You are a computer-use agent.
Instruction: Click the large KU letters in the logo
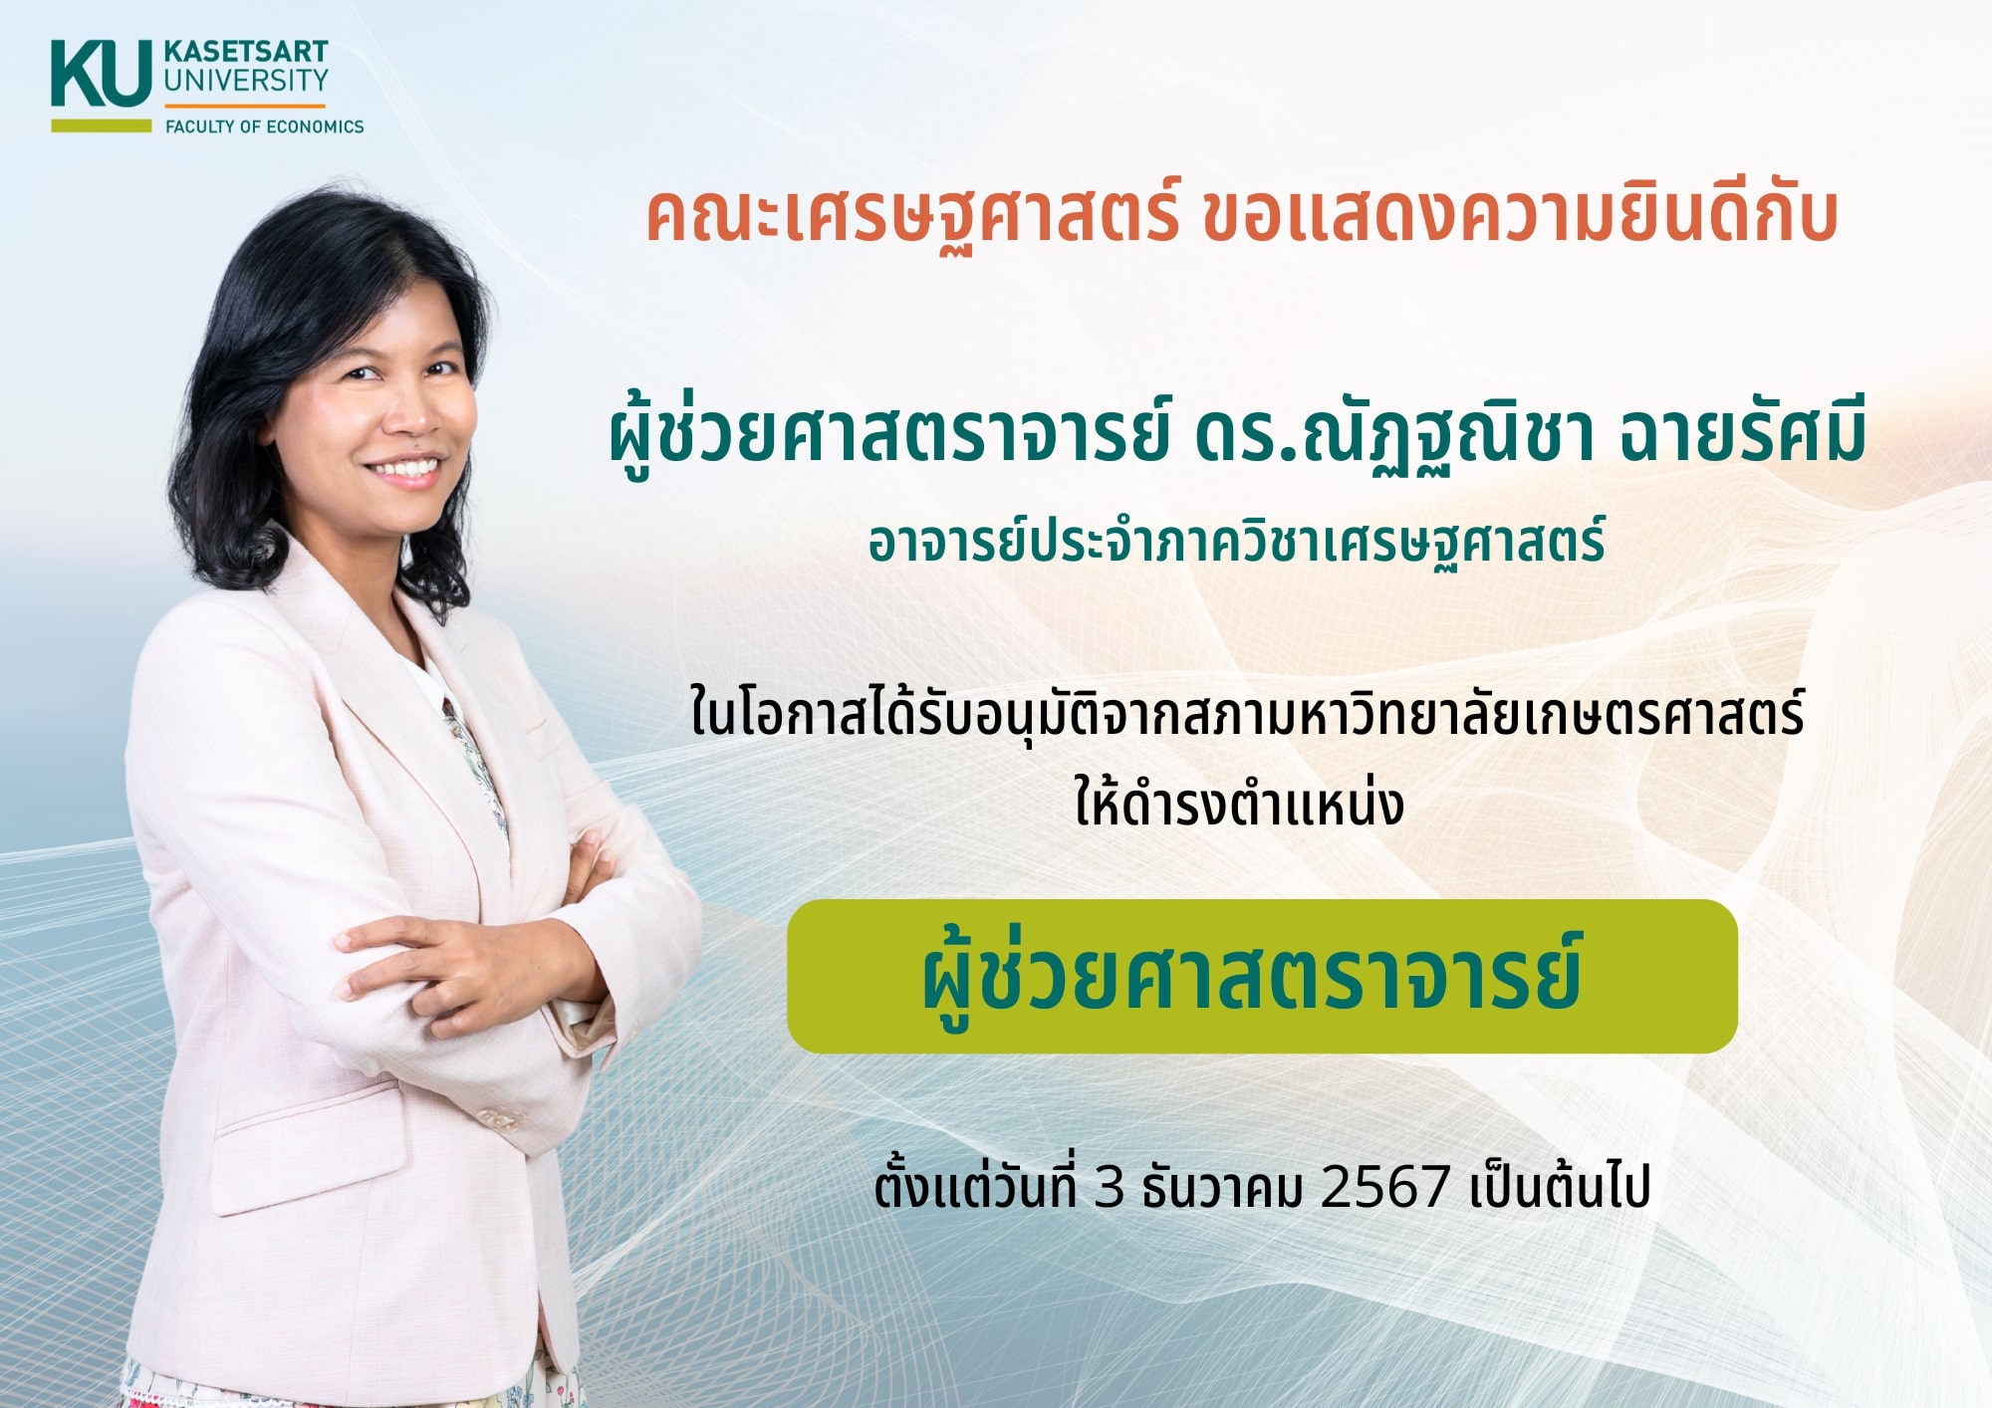click(x=102, y=73)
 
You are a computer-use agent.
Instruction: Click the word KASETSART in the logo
click(x=246, y=52)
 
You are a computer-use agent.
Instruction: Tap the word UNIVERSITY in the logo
click(x=246, y=80)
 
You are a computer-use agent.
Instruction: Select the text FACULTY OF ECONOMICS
click(x=265, y=126)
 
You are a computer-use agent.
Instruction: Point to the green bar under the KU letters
click(x=102, y=125)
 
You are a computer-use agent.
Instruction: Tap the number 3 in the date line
click(x=1110, y=1186)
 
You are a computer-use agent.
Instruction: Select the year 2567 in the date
click(x=1384, y=1186)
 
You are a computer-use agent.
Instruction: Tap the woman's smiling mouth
click(x=406, y=470)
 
